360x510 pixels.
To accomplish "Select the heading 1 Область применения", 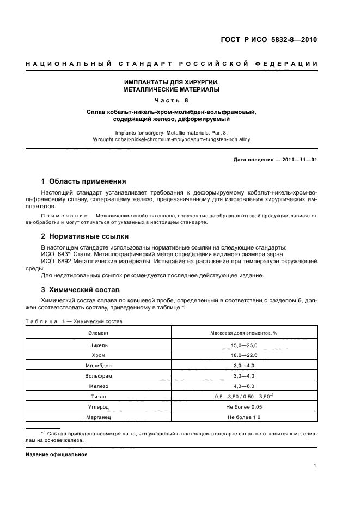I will click(x=83, y=181).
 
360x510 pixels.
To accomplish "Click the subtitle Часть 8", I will click(x=172, y=100).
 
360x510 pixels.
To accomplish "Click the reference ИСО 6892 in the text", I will click(x=54, y=261).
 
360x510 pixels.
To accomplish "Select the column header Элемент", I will click(x=99, y=332).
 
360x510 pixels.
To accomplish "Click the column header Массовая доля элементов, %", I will click(x=244, y=332).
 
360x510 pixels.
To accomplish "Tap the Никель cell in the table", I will click(x=99, y=345).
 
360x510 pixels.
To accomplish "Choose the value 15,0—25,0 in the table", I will click(x=244, y=345).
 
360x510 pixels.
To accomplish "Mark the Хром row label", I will click(x=99, y=355).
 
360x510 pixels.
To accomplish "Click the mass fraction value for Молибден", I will click(x=244, y=366).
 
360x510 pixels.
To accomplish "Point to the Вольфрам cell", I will click(x=99, y=376).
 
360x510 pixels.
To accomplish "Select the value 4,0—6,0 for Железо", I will click(x=244, y=386).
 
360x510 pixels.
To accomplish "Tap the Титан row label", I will click(x=99, y=397).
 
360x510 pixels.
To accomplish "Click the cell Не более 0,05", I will click(x=244, y=407).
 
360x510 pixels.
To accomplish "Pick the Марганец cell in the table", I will click(x=99, y=417).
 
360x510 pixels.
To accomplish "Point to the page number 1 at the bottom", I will click(x=315, y=465).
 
